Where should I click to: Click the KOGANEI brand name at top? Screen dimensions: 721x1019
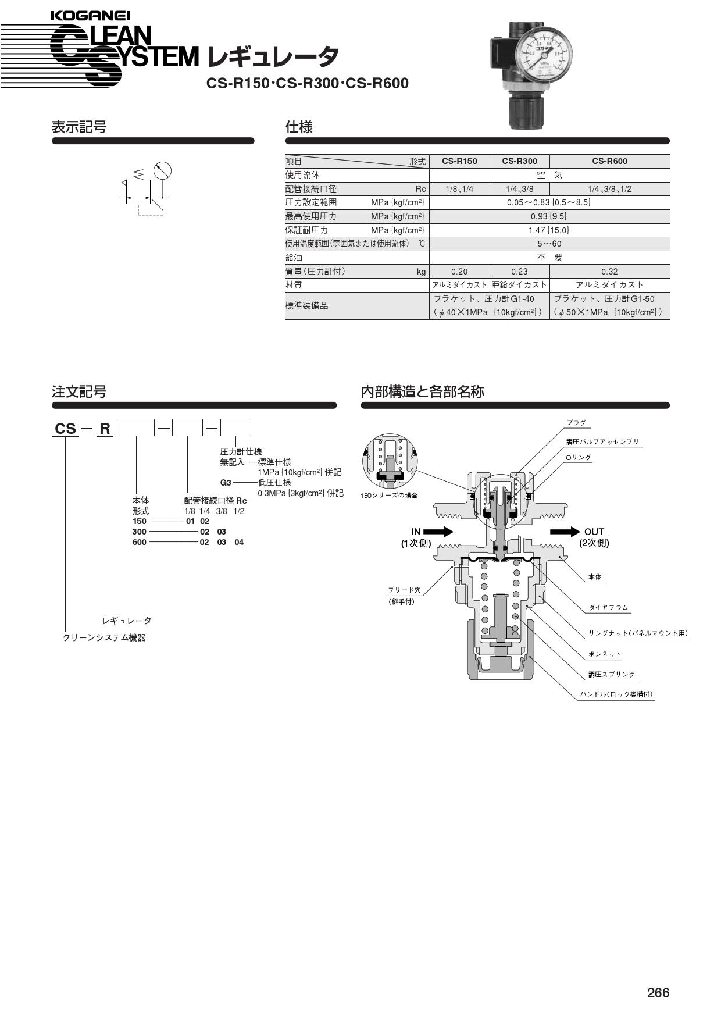(90, 16)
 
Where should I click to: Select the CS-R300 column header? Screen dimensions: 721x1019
(519, 161)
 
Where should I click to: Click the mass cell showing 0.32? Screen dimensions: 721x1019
(609, 272)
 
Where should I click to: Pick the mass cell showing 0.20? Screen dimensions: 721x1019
(459, 272)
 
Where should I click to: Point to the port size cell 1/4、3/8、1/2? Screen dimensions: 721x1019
(609, 189)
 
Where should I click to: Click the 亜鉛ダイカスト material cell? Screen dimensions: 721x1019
(519, 285)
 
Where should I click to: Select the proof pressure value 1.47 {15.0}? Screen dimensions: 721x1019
(549, 230)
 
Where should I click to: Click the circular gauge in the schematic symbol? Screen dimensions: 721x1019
(163, 171)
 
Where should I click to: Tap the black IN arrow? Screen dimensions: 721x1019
(438, 532)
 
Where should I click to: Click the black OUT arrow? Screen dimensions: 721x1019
(565, 532)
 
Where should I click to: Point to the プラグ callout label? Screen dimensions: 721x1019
(576, 423)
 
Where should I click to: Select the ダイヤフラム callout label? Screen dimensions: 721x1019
(608, 608)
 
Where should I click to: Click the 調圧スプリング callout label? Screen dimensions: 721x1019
(611, 675)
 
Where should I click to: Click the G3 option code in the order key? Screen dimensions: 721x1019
(226, 483)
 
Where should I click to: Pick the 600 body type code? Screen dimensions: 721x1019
(140, 542)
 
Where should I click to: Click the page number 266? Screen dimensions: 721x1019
(658, 992)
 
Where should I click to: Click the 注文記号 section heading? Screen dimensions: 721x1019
(79, 391)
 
